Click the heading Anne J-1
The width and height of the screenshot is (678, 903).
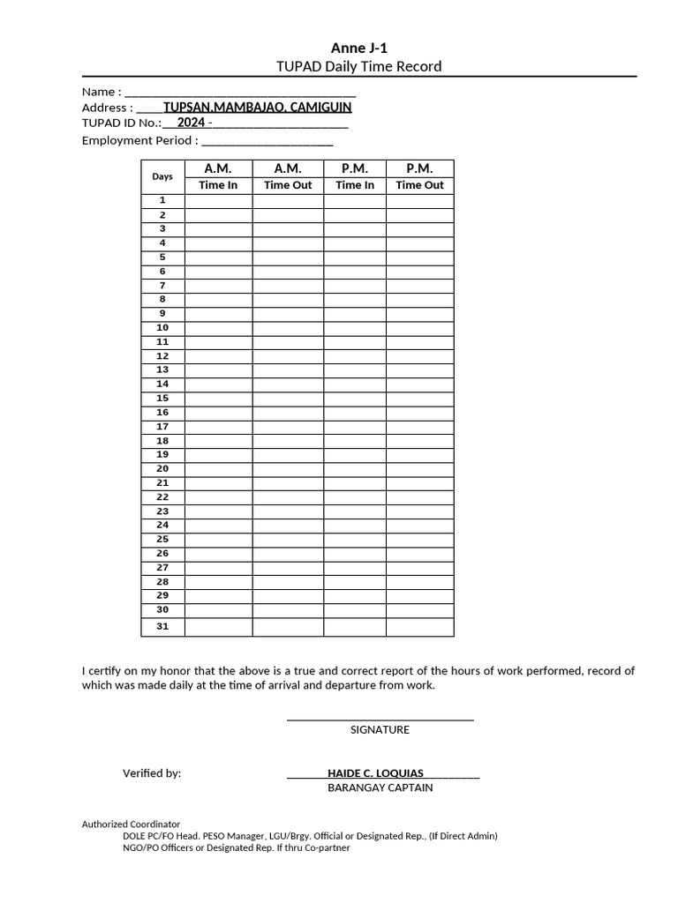[x=358, y=49]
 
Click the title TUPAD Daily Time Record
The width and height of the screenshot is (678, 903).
[x=358, y=67]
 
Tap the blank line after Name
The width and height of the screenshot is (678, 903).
[x=240, y=92]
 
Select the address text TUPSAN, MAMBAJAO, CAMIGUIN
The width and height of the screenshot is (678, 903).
[x=257, y=108]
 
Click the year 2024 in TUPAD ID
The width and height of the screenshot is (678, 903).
[x=191, y=123]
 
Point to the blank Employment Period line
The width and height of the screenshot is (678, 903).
[x=267, y=140]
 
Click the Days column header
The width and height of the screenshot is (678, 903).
[x=162, y=176]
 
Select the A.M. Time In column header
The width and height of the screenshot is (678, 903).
[x=218, y=176]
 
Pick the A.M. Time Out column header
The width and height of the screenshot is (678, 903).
[x=288, y=176]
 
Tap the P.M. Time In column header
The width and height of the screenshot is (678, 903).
[x=355, y=176]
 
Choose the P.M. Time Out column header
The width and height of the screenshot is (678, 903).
[x=419, y=176]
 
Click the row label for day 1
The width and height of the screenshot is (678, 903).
[x=162, y=201]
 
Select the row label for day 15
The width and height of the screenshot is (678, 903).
[x=162, y=399]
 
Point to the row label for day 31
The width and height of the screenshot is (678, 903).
[x=162, y=627]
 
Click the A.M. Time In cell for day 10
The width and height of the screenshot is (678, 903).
[x=218, y=328]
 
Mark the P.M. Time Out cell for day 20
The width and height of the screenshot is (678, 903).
[x=419, y=469]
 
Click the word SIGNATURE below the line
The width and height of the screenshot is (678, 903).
[x=380, y=730]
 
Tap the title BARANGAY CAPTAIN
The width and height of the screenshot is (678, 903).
[x=380, y=787]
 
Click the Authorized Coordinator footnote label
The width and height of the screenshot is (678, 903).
[x=131, y=824]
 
